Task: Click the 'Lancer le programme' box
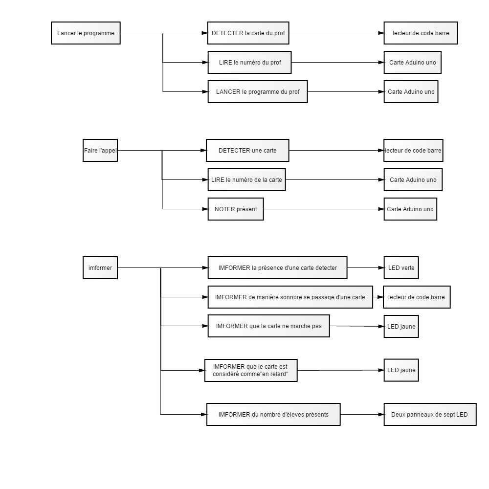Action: pos(86,33)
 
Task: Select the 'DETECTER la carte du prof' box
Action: pos(248,33)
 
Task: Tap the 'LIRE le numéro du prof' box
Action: pos(249,63)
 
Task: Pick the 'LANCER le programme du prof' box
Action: pos(258,92)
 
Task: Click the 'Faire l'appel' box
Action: pos(100,150)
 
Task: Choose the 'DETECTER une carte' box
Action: pos(247,150)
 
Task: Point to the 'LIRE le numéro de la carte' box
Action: pos(246,179)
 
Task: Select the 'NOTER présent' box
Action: pos(236,209)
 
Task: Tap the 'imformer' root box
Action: pos(100,267)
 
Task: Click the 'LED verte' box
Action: pos(401,267)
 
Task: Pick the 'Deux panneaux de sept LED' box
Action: pos(430,415)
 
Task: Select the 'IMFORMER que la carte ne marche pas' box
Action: pos(269,326)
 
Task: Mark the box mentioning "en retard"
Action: pos(251,370)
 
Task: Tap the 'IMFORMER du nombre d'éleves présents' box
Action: pos(273,415)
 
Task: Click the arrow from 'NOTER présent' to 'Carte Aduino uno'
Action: pos(324,209)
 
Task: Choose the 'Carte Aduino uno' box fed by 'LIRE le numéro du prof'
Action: pos(413,63)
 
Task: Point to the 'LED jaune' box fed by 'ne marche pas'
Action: pos(401,327)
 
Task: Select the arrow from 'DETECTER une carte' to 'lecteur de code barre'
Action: pos(336,150)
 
